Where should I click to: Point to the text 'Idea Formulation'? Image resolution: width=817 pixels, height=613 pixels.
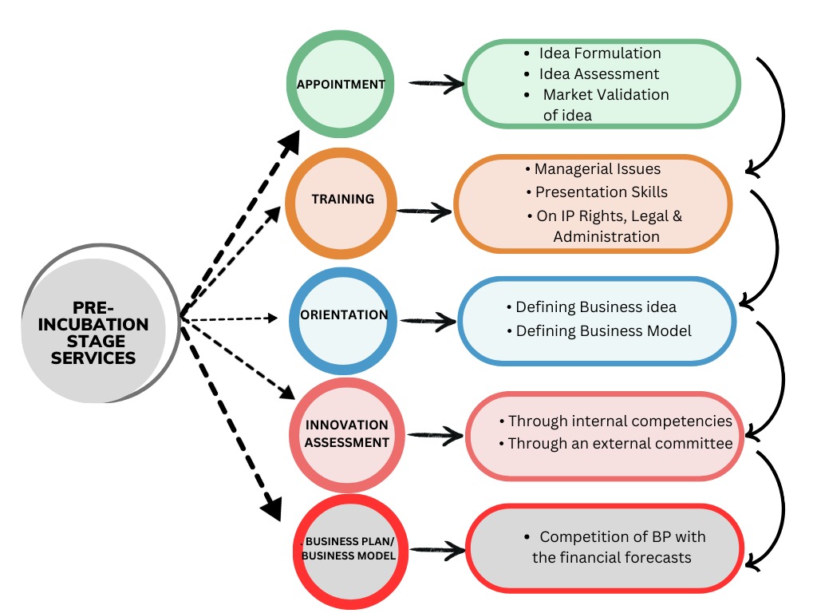tap(600, 53)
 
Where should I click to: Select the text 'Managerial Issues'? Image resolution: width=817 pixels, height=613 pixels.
tap(597, 169)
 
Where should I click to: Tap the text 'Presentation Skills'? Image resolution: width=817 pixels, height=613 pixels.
tap(602, 192)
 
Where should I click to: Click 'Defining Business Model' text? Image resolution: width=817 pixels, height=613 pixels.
tap(603, 331)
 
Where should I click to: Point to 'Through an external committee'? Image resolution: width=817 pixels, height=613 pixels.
tap(620, 443)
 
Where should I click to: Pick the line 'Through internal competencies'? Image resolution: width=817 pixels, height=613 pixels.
tap(620, 421)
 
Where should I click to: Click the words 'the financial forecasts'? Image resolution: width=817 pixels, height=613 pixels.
tap(612, 558)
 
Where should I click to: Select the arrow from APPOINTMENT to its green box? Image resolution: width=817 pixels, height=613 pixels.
tap(436, 83)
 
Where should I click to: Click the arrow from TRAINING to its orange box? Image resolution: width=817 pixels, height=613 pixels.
tap(424, 212)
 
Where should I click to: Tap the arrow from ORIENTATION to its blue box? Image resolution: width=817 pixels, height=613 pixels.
tap(428, 321)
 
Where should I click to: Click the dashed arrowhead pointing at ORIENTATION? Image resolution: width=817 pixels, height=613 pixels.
tap(272, 318)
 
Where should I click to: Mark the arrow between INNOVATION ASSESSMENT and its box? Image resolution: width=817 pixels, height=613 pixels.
tap(436, 435)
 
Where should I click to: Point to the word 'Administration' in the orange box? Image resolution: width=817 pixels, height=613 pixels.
tap(606, 236)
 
